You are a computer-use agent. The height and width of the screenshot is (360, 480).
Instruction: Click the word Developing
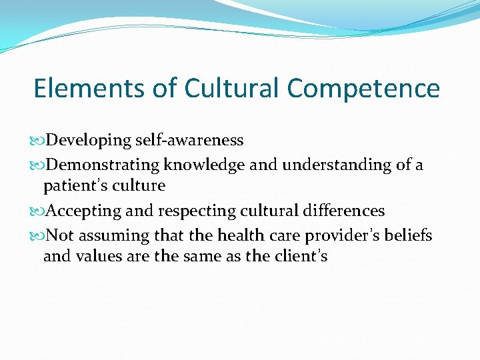pyautogui.click(x=90, y=141)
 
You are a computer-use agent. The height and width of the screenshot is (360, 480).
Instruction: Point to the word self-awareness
pyautogui.click(x=190, y=141)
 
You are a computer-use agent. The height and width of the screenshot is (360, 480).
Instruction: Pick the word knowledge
pyautogui.click(x=206, y=165)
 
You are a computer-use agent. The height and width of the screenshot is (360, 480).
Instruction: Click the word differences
pyautogui.click(x=341, y=211)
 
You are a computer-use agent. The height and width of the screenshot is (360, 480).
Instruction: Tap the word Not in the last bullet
pyautogui.click(x=61, y=235)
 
